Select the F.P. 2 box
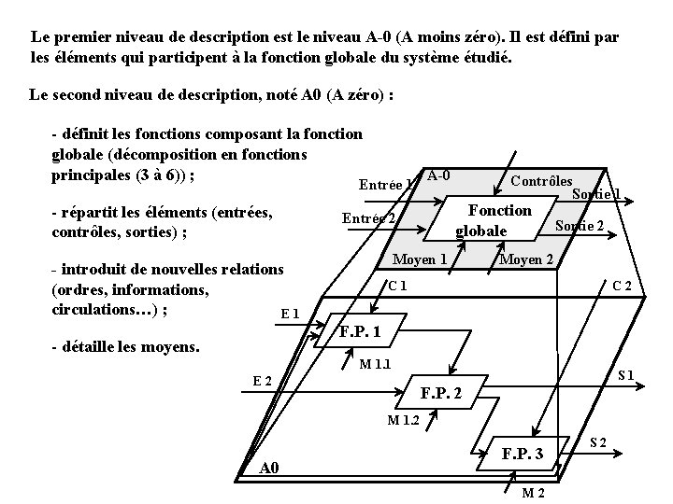click(440, 393)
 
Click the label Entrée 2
click(367, 218)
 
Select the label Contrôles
click(542, 180)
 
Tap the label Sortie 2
click(579, 227)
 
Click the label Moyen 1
click(420, 259)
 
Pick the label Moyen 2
click(526, 259)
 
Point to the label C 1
click(396, 285)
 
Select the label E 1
click(290, 315)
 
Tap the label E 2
click(263, 380)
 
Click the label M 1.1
click(375, 363)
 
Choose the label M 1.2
click(403, 419)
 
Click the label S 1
click(625, 376)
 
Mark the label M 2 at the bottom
click(534, 493)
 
